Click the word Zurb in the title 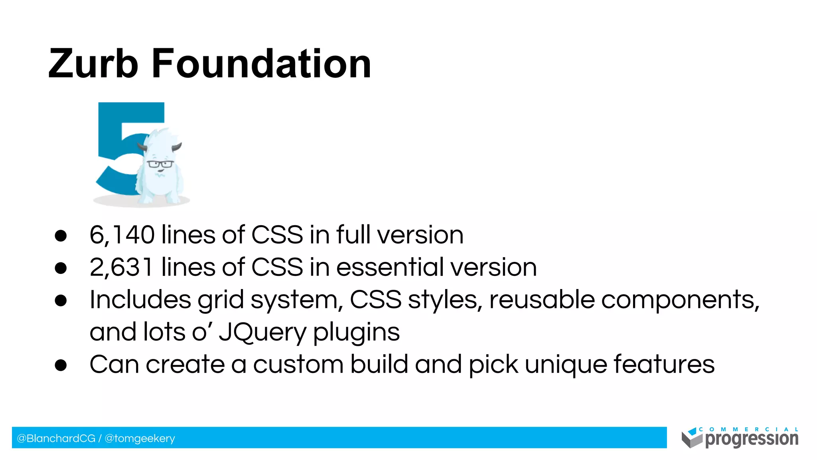click(x=93, y=63)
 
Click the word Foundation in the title click(x=261, y=63)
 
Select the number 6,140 click(x=122, y=235)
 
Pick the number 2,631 click(x=121, y=267)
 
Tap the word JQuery click(x=262, y=332)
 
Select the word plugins click(x=356, y=332)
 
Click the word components click(x=680, y=300)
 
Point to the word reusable click(x=542, y=300)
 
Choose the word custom click(x=298, y=365)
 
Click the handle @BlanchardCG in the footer click(x=56, y=438)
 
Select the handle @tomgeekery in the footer click(x=140, y=438)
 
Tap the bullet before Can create click(x=61, y=365)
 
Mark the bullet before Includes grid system click(x=61, y=300)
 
